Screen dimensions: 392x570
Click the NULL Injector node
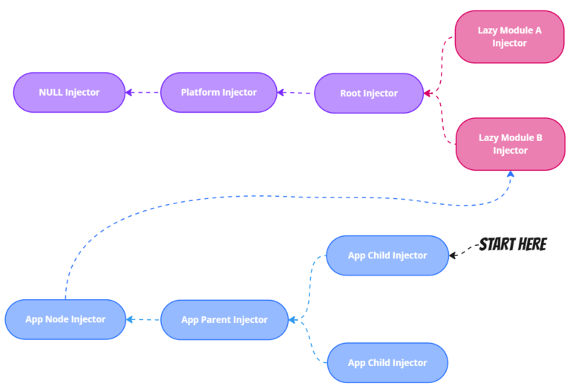pos(68,93)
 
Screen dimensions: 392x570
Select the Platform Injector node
pos(218,93)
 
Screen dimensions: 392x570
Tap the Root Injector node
pos(369,94)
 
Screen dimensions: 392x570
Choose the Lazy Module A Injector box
pos(509,37)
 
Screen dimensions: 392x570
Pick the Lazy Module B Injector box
pos(510,144)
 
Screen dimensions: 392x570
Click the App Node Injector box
pos(65,320)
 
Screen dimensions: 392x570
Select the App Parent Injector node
pos(224,320)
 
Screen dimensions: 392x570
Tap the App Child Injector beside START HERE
pos(387,255)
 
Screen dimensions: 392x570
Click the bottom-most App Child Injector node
pos(387,363)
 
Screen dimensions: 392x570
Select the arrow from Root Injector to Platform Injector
pos(295,93)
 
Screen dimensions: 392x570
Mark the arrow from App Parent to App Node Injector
pos(142,320)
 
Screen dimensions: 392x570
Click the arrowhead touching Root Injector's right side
pos(428,94)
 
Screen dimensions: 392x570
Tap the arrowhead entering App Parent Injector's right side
pos(294,320)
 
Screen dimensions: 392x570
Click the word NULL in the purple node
pos(50,93)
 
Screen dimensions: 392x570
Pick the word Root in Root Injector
pos(351,94)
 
